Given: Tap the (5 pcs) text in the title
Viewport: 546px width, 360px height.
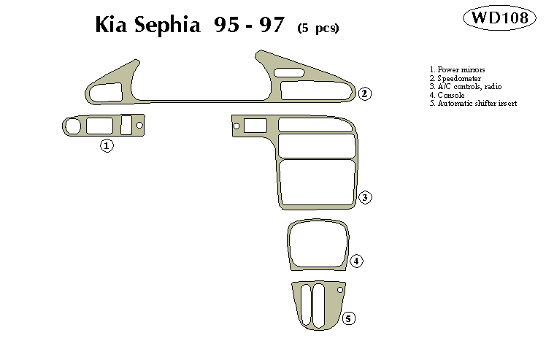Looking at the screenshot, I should click(x=318, y=28).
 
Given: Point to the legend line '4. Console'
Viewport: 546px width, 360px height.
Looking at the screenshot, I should click(x=447, y=96).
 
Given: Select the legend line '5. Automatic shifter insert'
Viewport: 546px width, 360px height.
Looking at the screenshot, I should click(x=473, y=104).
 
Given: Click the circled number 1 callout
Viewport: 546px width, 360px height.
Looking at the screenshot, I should click(x=107, y=146).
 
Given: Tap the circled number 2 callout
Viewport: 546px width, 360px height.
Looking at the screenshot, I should click(x=365, y=93).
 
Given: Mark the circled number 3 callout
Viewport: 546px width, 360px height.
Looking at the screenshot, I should click(x=366, y=197).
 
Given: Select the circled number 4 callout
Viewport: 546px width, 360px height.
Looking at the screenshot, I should click(x=356, y=261).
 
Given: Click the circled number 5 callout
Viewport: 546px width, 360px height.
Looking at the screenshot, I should click(x=350, y=318).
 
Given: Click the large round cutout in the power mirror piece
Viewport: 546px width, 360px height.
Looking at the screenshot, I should click(x=72, y=126).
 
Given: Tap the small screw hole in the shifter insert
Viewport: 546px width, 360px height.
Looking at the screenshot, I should click(x=340, y=291).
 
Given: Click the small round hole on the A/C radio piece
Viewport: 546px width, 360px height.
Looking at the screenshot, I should click(x=237, y=126).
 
